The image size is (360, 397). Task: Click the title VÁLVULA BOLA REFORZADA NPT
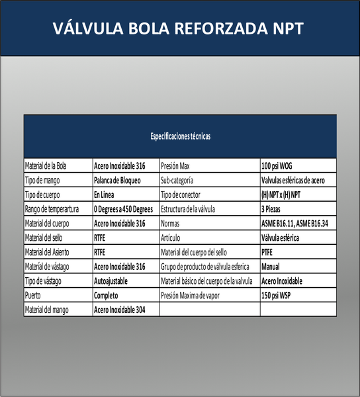(179, 29)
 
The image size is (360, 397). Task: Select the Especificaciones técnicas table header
(180, 137)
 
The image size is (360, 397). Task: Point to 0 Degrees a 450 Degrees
(124, 210)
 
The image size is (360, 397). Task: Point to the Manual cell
(271, 267)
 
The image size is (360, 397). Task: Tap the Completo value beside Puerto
(107, 295)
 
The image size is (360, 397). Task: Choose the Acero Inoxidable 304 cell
(120, 310)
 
